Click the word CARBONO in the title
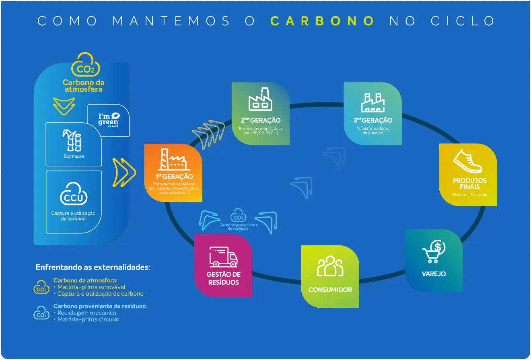pos(322,21)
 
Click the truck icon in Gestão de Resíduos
pos(223,257)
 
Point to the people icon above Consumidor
pos(330,266)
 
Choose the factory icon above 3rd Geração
pos(373,103)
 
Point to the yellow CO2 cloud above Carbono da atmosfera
pos(85,65)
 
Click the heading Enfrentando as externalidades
pos(93,267)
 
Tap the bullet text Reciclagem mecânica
pos(86,313)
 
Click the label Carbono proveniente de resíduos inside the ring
pos(238,226)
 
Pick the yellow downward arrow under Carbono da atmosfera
pos(64,106)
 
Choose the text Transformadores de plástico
pos(373,131)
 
